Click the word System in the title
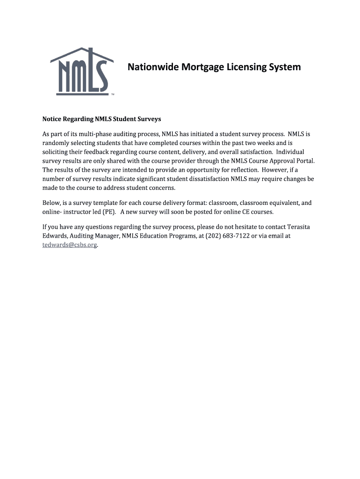pos(283,67)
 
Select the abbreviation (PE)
pos(108,212)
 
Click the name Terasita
pos(297,227)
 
